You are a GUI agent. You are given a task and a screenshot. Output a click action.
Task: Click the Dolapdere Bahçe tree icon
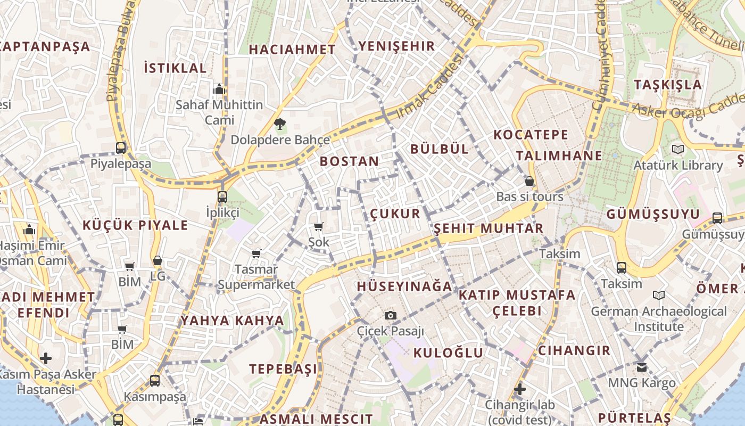pos(279,125)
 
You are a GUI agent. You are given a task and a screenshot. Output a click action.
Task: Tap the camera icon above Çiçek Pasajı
pos(391,315)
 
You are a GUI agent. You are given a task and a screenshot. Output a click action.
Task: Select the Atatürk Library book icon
pos(677,150)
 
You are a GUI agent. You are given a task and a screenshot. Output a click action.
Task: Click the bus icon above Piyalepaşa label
pos(121,148)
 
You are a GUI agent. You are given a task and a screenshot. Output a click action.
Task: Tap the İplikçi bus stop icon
pos(222,196)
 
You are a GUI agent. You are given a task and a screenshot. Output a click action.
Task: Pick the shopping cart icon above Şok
pos(319,227)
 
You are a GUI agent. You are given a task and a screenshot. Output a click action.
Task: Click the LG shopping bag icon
pos(158,261)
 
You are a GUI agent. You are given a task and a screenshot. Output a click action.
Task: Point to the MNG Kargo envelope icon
pos(642,367)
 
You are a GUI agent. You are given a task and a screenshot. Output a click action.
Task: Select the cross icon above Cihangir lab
pos(519,389)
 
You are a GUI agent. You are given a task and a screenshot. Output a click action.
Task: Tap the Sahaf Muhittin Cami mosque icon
pos(219,89)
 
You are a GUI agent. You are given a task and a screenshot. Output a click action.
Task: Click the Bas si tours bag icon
pos(529,181)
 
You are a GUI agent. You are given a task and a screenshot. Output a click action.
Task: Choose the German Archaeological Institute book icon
pos(659,295)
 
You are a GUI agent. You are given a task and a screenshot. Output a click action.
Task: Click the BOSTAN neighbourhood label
pos(350,161)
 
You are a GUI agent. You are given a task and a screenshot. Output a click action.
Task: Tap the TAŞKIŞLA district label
pos(668,85)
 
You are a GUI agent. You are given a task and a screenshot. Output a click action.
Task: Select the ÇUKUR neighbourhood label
pos(395,214)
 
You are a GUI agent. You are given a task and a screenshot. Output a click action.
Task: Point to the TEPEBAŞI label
pos(283,369)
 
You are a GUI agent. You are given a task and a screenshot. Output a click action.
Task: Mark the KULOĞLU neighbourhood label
pos(448,353)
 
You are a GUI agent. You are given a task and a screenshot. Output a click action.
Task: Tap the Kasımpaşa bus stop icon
pos(155,381)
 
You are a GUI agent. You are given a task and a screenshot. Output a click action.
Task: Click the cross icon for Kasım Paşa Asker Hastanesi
pos(46,358)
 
